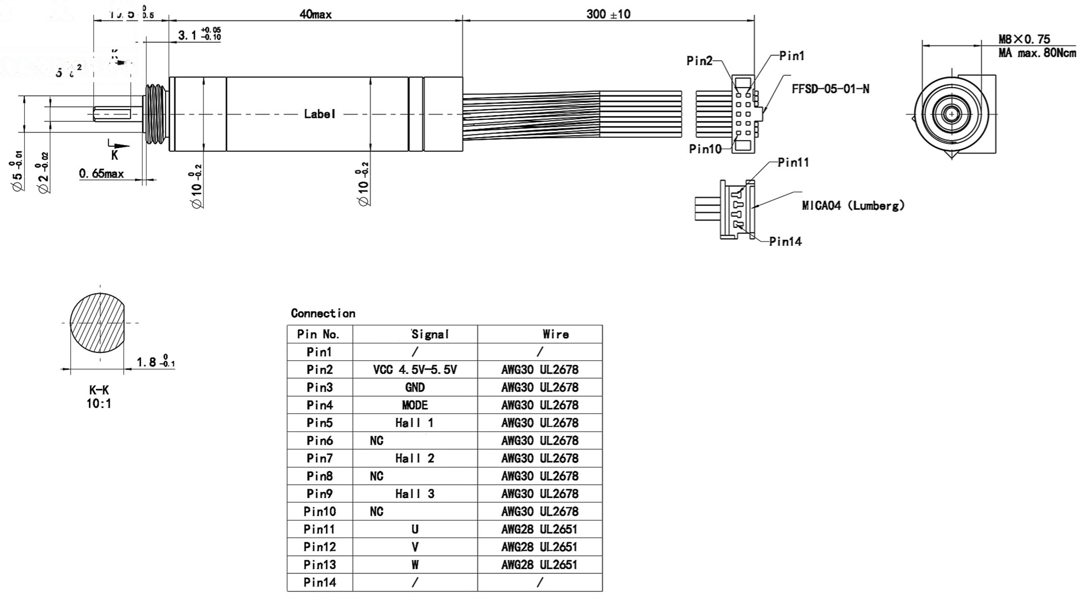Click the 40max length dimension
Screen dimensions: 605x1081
click(315, 15)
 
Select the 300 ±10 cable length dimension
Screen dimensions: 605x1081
click(608, 14)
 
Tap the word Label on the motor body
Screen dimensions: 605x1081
click(319, 114)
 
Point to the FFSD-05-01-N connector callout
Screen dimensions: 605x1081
click(830, 89)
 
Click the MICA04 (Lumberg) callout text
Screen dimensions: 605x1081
click(853, 206)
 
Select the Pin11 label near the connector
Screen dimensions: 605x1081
click(793, 162)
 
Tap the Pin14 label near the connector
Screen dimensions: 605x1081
click(785, 242)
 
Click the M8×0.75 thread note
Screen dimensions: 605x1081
click(1024, 39)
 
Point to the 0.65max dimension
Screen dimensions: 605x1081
click(101, 174)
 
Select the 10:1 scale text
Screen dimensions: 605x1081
click(99, 404)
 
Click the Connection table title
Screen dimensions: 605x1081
click(323, 313)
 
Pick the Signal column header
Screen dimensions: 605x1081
click(430, 334)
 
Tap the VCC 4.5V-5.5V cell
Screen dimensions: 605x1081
click(415, 370)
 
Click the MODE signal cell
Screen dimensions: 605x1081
click(415, 405)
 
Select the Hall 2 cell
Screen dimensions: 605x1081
click(415, 458)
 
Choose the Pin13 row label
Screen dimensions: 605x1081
click(320, 564)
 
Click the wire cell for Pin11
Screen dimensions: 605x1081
click(539, 529)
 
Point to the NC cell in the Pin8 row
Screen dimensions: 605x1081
click(377, 476)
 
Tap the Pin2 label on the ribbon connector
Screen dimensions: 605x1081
click(699, 61)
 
